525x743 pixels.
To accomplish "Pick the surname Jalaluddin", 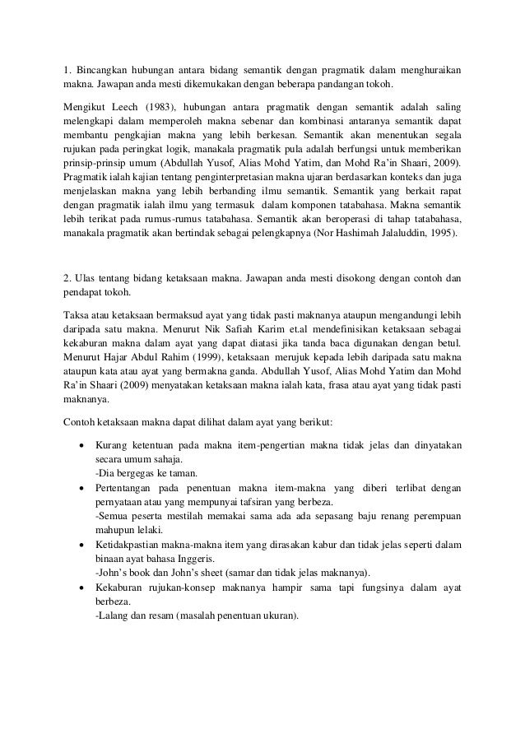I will point(406,233).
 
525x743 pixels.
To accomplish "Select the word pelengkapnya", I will point(268,233).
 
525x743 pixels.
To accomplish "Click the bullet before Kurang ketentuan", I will point(81,445).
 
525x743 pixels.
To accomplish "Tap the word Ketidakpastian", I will point(135,544).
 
